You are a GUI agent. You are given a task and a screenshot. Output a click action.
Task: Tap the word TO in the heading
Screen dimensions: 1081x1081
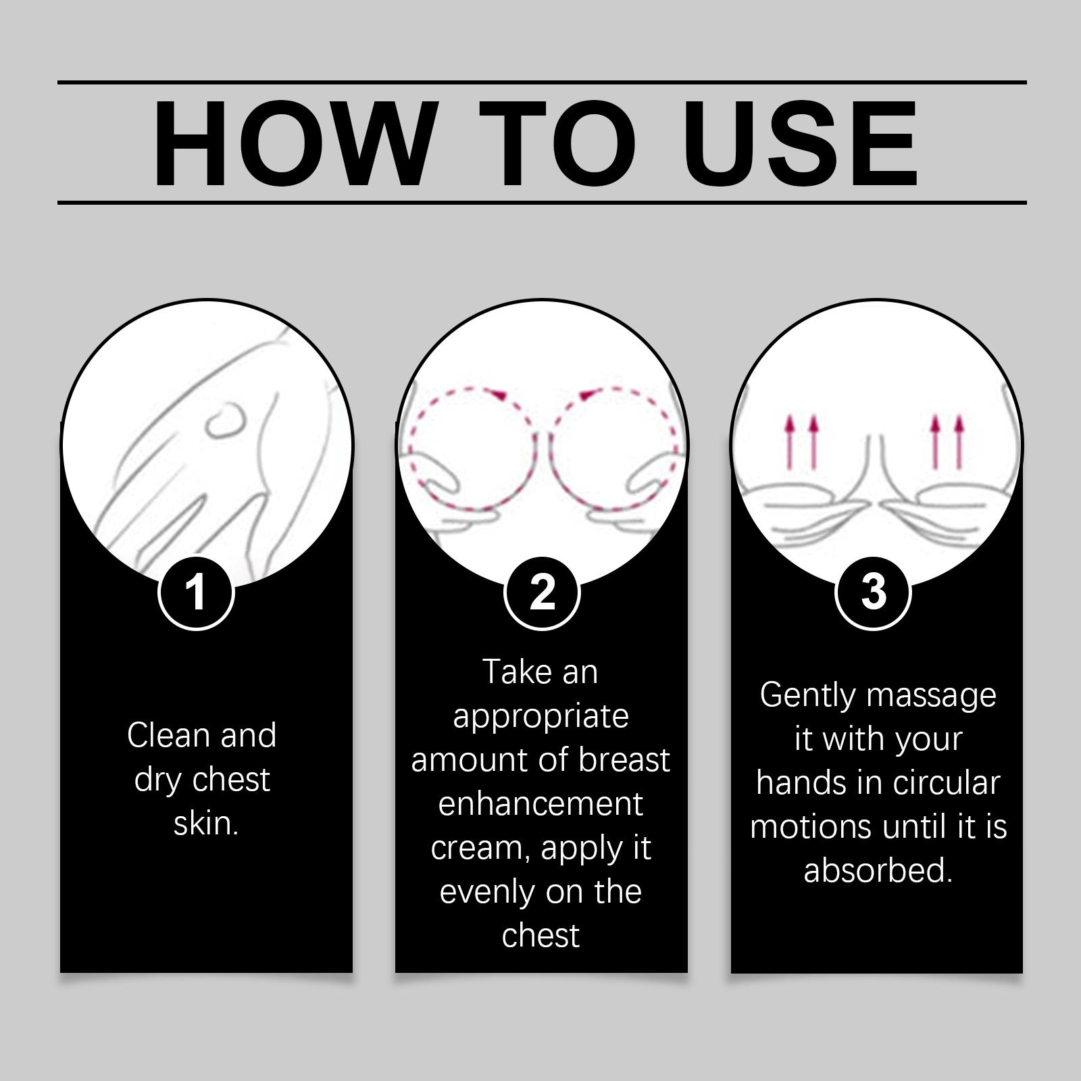tap(557, 143)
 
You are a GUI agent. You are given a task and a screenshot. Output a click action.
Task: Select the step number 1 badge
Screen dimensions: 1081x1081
tap(196, 593)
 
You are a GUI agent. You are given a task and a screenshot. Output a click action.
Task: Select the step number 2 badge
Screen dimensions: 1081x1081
tap(542, 593)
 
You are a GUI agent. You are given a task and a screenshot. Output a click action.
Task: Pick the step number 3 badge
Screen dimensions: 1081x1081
tap(874, 593)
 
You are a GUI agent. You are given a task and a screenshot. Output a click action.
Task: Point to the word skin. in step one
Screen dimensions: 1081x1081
tap(206, 824)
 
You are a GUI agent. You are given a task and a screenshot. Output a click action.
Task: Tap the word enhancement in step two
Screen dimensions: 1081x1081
tap(540, 804)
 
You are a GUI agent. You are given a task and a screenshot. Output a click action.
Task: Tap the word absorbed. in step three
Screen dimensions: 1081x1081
tap(878, 870)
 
